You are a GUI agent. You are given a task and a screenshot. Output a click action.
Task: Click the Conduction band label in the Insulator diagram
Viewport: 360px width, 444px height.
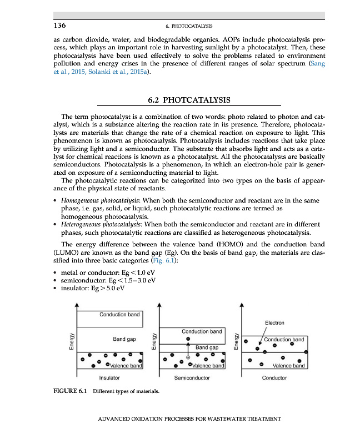(x=119, y=315)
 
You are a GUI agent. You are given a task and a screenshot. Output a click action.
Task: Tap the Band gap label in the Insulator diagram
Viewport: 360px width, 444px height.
(x=124, y=338)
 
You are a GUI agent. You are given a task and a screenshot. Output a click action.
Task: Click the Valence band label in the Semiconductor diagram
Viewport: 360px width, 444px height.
(x=208, y=366)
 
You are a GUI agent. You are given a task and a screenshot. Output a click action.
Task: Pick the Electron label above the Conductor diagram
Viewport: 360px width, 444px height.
(x=274, y=322)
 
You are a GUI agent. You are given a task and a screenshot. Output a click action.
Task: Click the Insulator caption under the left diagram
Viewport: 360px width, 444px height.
(x=109, y=378)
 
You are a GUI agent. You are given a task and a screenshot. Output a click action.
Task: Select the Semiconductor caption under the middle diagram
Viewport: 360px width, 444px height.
(x=192, y=378)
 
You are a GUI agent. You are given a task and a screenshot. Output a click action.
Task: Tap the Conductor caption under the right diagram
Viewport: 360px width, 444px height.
(x=274, y=378)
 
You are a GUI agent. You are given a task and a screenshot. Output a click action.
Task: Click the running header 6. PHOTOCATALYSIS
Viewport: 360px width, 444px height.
(x=189, y=26)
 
